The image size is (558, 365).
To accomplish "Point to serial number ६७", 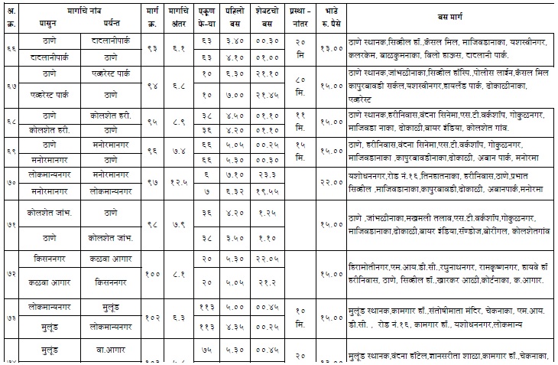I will click(x=11, y=86).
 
